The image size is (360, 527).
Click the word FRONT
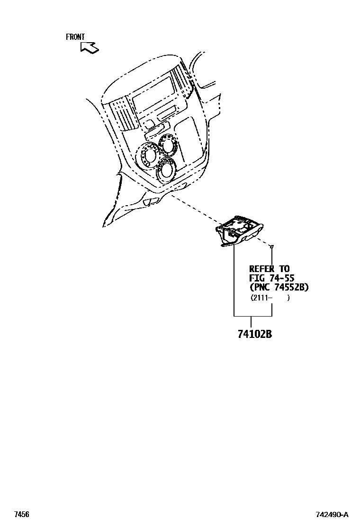coord(75,37)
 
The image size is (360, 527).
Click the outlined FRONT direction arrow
coord(89,46)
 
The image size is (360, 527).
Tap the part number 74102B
coord(254,334)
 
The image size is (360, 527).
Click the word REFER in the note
coord(262,269)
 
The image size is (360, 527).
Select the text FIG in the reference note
coord(257,278)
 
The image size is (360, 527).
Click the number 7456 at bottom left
coord(22,514)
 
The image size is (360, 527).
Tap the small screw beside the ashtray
coord(272,246)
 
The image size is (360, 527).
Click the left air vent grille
coord(120,113)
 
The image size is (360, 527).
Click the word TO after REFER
coord(284,269)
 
